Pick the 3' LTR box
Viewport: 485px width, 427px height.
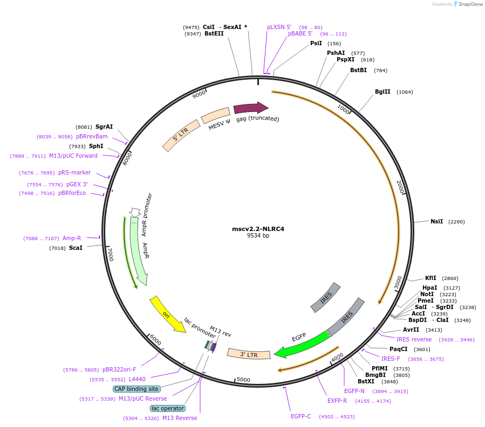[249, 354]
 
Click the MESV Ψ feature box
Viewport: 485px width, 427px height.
[215, 115]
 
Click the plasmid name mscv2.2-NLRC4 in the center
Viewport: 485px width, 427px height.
[258, 228]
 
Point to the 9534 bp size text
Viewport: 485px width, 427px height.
[258, 236]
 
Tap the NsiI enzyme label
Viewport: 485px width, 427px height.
[436, 221]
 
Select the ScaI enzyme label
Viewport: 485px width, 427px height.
[76, 248]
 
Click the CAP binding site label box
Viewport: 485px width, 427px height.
[136, 389]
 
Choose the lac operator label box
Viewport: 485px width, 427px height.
[167, 408]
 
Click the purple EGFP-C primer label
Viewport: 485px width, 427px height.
[300, 416]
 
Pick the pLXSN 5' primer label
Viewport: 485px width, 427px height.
[279, 27]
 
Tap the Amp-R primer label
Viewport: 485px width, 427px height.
[71, 238]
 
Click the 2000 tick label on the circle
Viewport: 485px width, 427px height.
[400, 187]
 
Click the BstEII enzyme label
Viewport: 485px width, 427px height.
[214, 33]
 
